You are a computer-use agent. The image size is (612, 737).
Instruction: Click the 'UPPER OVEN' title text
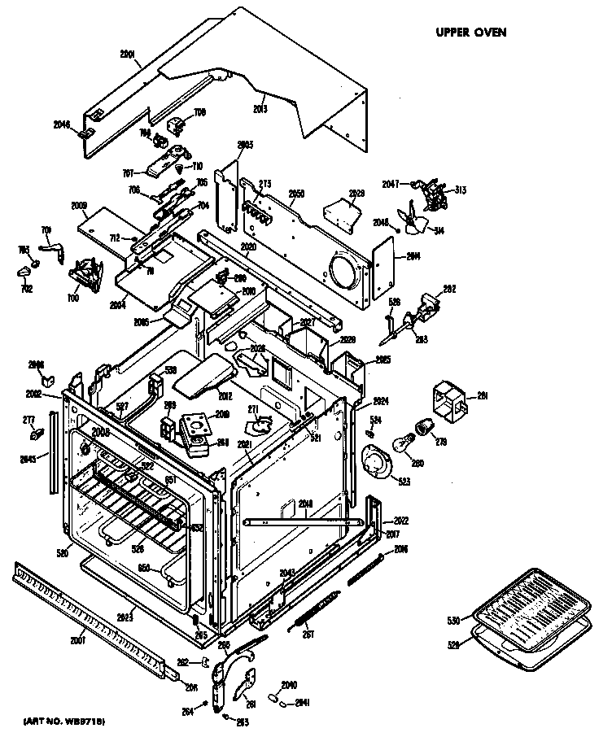click(471, 32)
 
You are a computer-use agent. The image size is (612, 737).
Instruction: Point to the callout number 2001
click(128, 56)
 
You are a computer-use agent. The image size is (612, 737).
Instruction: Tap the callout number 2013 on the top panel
click(260, 107)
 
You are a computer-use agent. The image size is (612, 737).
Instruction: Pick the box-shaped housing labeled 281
click(448, 399)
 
